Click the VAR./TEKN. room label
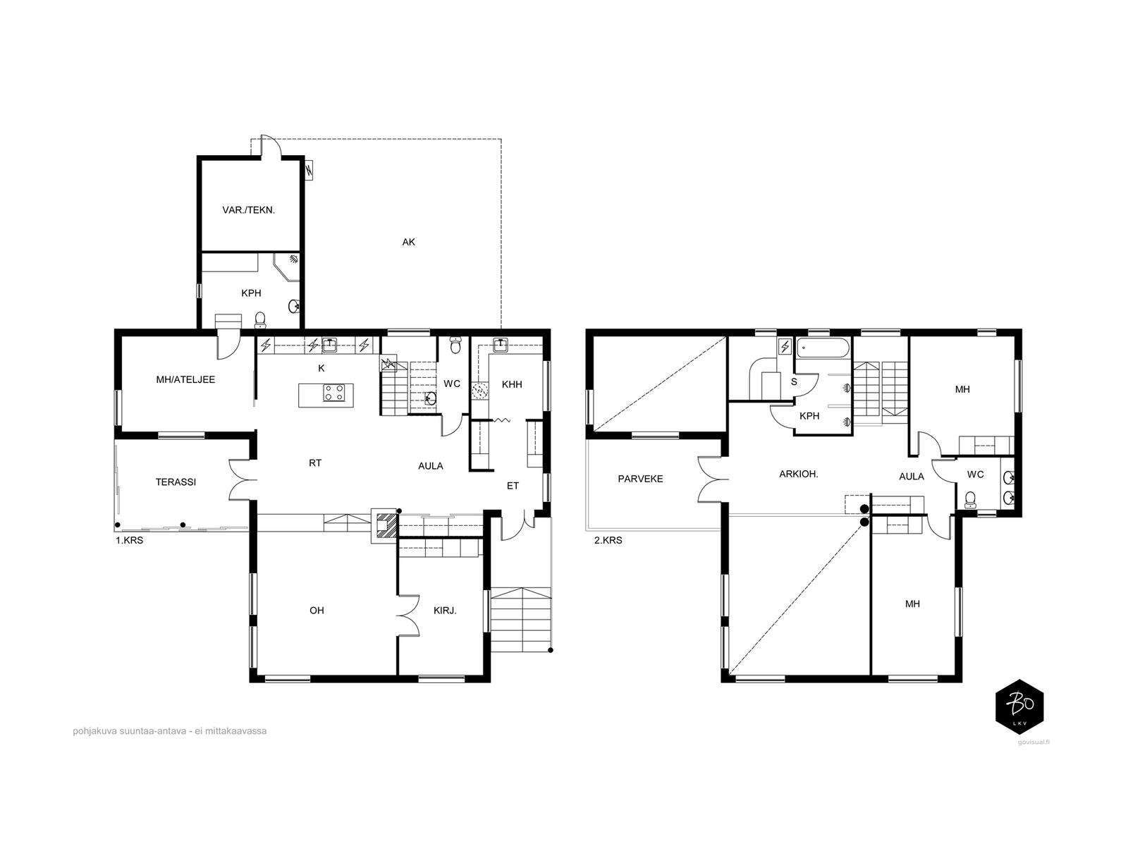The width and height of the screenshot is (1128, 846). coord(248,210)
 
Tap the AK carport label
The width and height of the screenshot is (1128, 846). coord(408,242)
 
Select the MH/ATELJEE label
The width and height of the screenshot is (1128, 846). coord(185,379)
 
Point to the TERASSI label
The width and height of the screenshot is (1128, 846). coord(176,482)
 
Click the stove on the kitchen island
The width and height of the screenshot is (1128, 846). coord(333,393)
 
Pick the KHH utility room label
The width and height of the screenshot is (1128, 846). coord(512,384)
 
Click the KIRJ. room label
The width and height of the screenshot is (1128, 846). coord(445,611)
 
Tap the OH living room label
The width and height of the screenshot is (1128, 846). coord(317,611)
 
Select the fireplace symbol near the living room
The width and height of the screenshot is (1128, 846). coord(384,525)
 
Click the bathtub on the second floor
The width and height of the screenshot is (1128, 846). coord(822,348)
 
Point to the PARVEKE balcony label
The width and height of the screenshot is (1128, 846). coord(640,479)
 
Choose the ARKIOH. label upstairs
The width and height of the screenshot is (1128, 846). coord(799,474)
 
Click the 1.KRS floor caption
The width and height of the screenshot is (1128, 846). coord(130,540)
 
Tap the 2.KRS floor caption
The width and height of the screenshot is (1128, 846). coord(608,540)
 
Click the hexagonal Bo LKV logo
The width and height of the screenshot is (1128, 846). coord(1019,707)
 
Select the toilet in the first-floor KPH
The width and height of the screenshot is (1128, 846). coord(261,319)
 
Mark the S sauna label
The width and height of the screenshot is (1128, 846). coord(794,381)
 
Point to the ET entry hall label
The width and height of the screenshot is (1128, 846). coord(513,486)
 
